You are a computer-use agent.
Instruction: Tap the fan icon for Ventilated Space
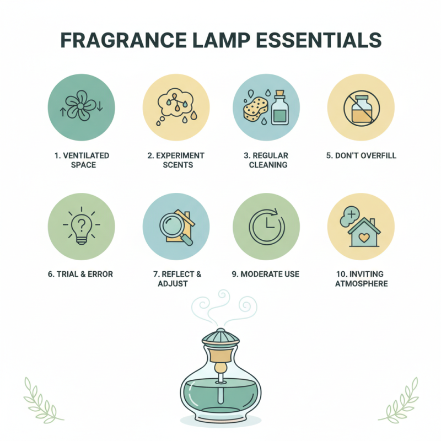[82, 105]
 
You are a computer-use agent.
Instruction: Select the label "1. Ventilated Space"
[82, 160]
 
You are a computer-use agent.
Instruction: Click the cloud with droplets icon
[176, 103]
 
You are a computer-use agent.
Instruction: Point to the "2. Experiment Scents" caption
[176, 160]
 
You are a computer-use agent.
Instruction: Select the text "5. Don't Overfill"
[361, 155]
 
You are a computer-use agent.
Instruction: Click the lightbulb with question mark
[82, 227]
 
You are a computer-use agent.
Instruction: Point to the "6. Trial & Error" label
[82, 274]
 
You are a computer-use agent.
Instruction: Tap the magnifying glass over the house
[171, 225]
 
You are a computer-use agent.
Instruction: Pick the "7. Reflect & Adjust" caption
[176, 278]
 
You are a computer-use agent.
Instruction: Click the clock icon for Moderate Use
[267, 227]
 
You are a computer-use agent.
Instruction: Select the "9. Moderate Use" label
[267, 274]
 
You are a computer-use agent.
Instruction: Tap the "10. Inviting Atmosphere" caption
[361, 278]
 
